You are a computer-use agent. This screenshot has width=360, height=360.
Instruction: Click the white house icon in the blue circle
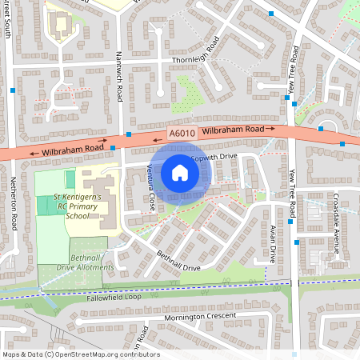pos(180,173)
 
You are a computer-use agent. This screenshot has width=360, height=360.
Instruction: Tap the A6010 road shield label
pos(180,133)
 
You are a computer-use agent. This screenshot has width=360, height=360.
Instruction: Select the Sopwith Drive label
pos(217,157)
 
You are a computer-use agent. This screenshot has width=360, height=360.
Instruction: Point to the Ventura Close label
pos(151,189)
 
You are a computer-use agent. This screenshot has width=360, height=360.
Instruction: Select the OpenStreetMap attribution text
pos(81,354)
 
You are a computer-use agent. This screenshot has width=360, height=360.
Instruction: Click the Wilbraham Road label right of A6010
pos(233,130)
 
